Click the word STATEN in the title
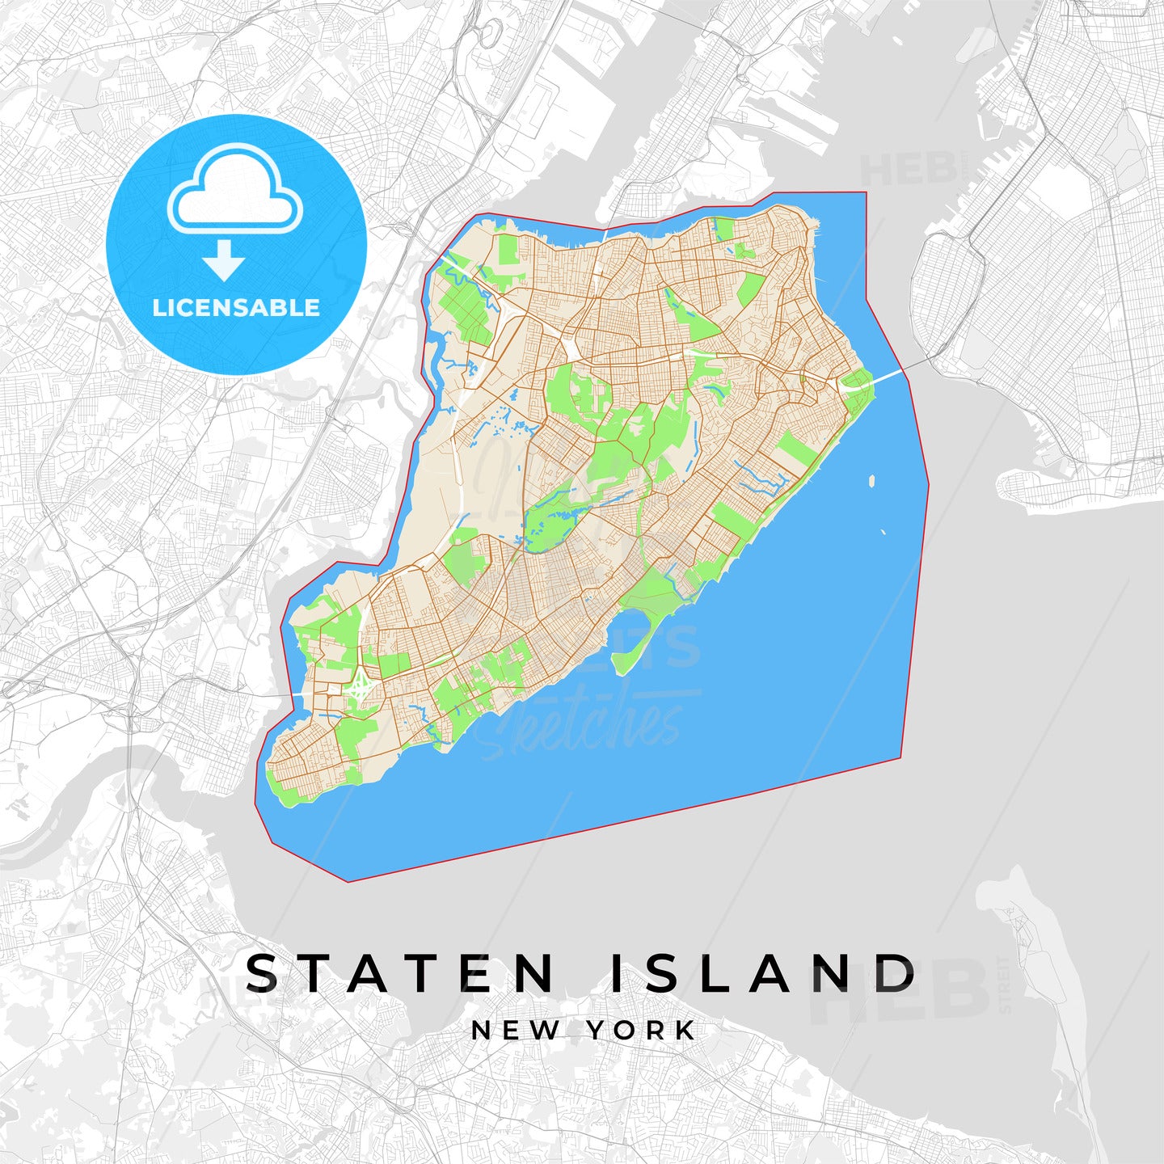pyautogui.click(x=400, y=973)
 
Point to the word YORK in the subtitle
pyautogui.click(x=641, y=1031)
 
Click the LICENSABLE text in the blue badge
pyautogui.click(x=236, y=308)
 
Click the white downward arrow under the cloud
pyautogui.click(x=224, y=260)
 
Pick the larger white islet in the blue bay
pyautogui.click(x=871, y=481)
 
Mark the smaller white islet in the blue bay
pyautogui.click(x=883, y=533)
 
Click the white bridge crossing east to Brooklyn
pyautogui.click(x=897, y=373)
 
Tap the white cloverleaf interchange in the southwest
pyautogui.click(x=359, y=690)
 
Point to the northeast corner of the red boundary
pyautogui.click(x=866, y=193)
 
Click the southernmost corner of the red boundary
pyautogui.click(x=348, y=881)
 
